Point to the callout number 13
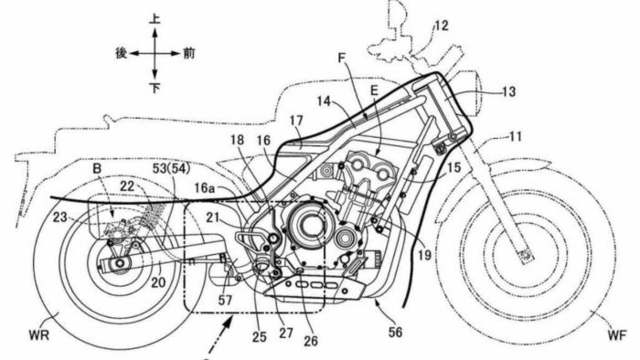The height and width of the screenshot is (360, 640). click(x=507, y=91)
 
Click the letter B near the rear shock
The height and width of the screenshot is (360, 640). click(x=95, y=168)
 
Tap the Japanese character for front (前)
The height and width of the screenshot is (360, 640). click(x=189, y=53)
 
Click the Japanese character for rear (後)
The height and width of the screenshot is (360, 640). click(x=119, y=53)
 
